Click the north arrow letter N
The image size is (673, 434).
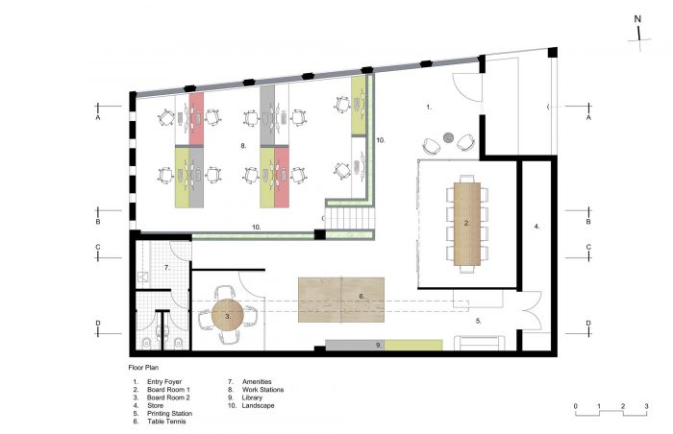(637, 19)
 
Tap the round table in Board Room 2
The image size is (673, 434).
(228, 315)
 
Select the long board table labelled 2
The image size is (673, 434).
(466, 224)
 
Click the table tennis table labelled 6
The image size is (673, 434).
(341, 300)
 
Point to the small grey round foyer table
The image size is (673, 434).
(448, 137)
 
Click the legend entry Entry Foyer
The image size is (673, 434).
(164, 382)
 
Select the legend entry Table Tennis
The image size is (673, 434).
(166, 422)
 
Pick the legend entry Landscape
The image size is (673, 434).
(258, 406)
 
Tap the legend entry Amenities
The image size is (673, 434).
(257, 382)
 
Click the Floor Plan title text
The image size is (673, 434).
(143, 368)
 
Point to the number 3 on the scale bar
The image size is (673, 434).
(646, 406)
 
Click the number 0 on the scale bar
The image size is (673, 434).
(575, 406)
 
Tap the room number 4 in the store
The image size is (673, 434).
(536, 227)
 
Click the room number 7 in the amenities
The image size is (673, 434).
(167, 268)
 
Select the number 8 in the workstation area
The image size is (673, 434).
(243, 146)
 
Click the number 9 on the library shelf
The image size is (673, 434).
(379, 345)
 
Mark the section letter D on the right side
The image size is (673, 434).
(588, 324)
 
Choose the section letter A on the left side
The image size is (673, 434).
(98, 117)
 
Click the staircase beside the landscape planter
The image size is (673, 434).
(349, 219)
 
